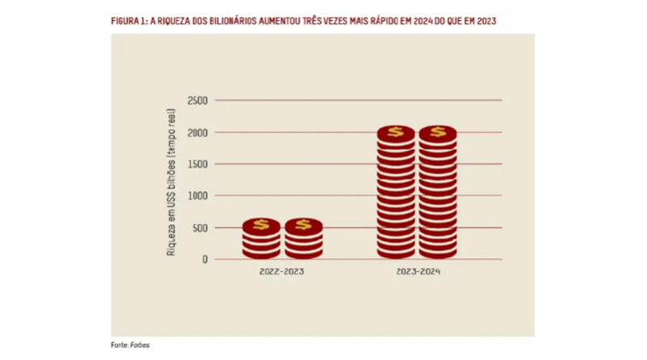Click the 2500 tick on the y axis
tap(197, 100)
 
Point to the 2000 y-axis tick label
tap(197, 132)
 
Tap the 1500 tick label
tap(197, 164)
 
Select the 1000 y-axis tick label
tap(197, 196)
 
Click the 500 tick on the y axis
tap(200, 227)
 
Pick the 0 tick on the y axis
tap(205, 260)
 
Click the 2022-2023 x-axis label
tap(281, 273)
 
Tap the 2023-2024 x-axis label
tap(417, 273)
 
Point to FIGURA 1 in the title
tap(128, 22)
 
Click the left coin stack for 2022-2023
tap(261, 239)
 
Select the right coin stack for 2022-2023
tap(303, 239)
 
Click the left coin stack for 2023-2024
tap(395, 194)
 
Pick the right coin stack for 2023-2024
tap(438, 194)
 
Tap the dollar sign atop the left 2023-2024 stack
tap(395, 132)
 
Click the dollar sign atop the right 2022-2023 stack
tap(303, 224)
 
